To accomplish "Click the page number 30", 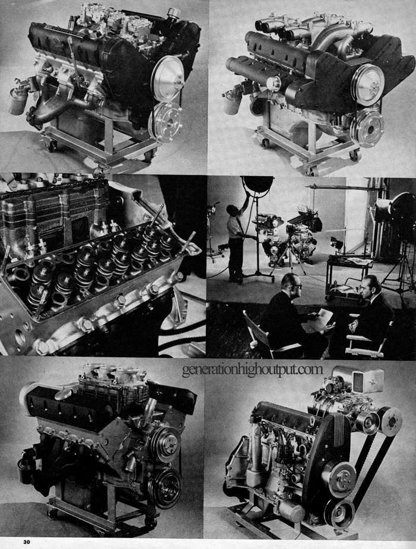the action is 27,542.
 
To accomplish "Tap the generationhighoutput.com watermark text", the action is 252,369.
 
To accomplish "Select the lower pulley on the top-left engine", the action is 166,120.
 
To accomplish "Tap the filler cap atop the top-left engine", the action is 173,14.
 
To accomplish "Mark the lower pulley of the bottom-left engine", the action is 166,488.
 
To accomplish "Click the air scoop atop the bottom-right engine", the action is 358,379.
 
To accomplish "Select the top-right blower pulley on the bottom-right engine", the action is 390,421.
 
